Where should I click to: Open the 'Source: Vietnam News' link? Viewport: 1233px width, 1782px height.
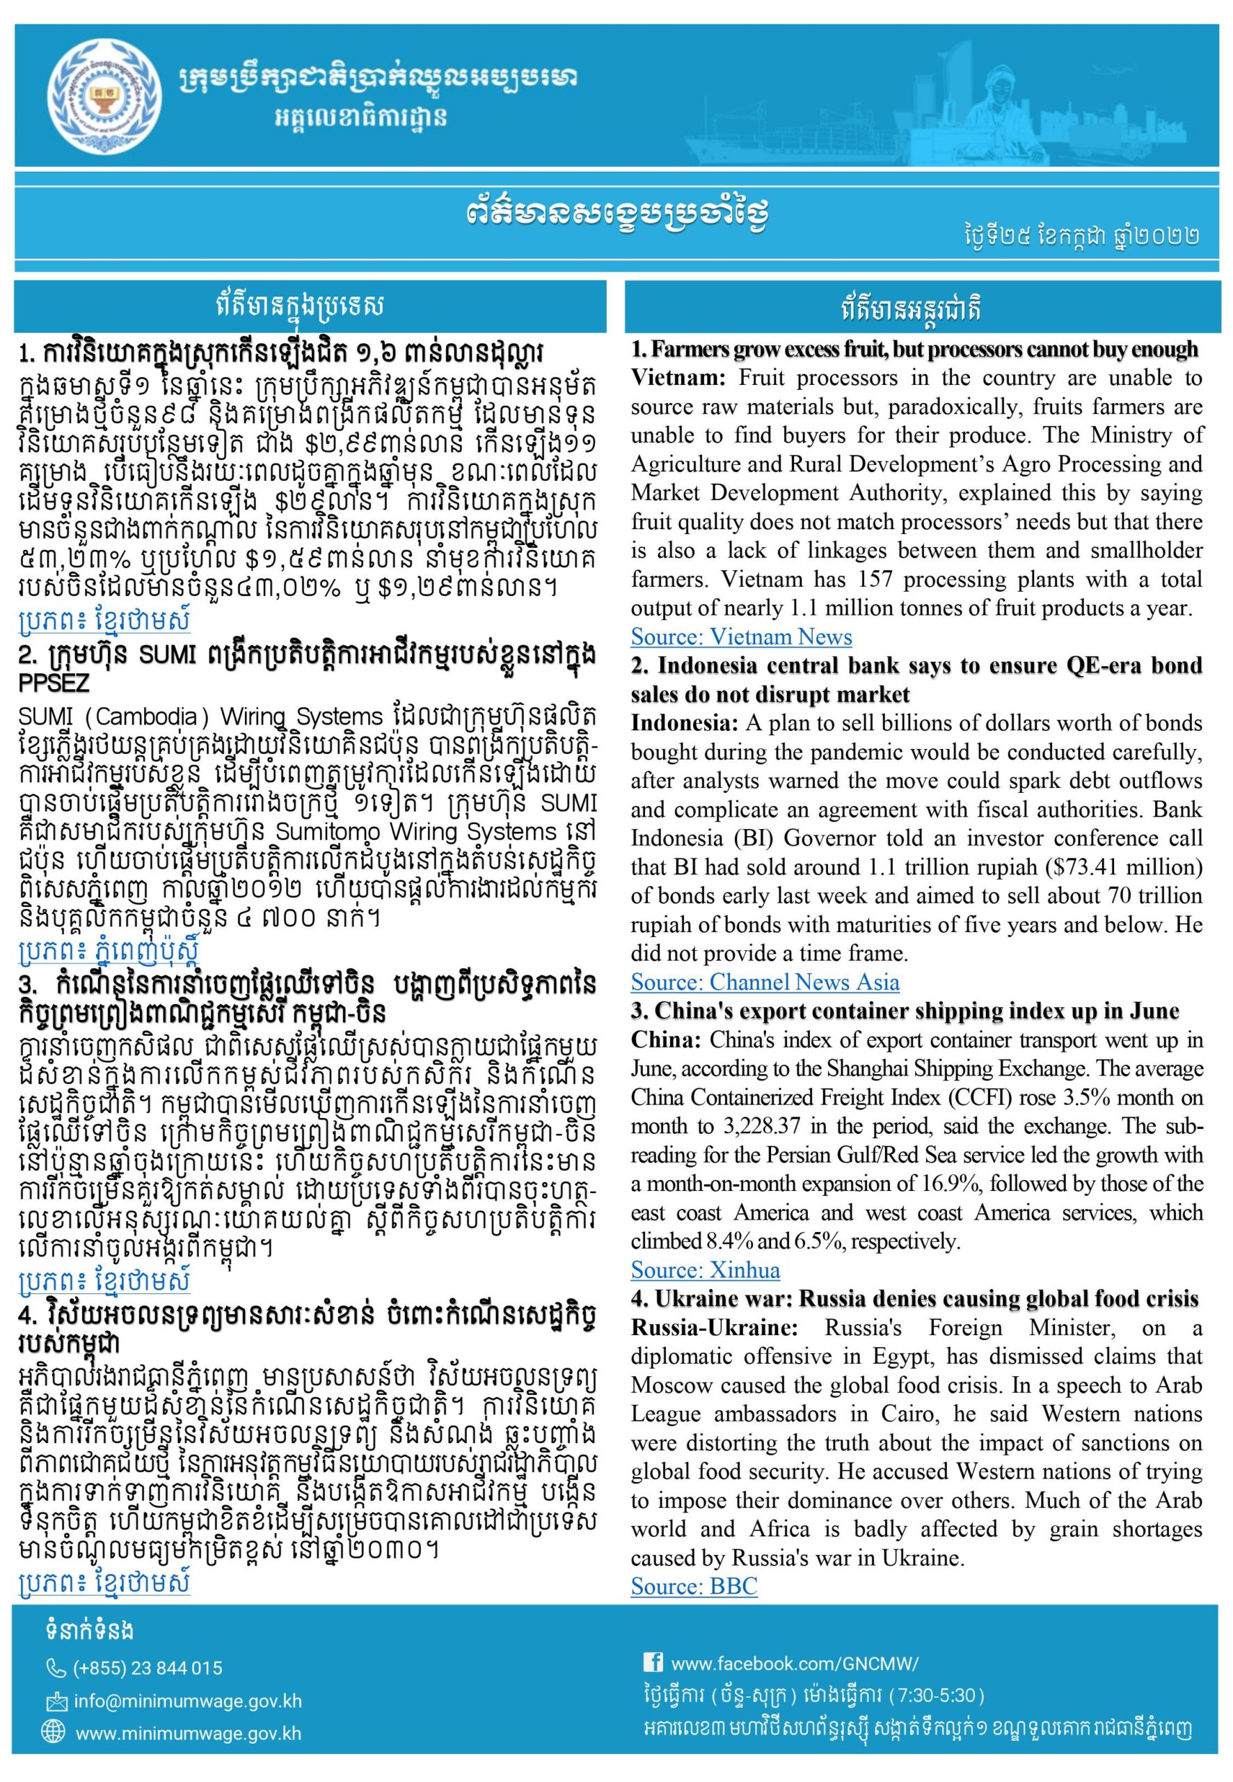tap(741, 637)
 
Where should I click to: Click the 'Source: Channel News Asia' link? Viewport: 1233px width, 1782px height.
tap(765, 981)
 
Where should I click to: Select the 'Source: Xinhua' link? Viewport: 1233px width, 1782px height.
tap(706, 1270)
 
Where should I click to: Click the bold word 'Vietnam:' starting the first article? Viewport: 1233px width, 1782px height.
tap(679, 379)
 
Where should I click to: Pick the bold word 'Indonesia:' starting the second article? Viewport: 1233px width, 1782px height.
tap(685, 723)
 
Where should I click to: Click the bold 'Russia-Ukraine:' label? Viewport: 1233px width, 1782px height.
tap(715, 1327)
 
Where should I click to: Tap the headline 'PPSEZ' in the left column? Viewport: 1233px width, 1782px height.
tap(54, 683)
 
